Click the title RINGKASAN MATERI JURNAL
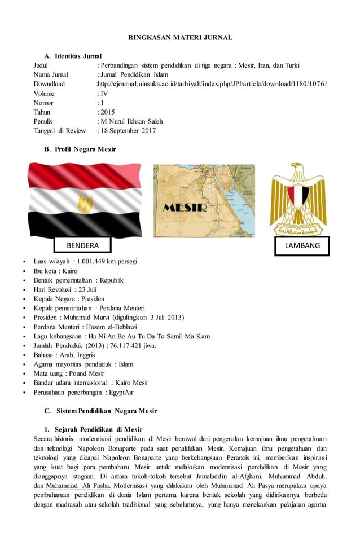pyautogui.click(x=180, y=37)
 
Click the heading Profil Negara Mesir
pyautogui.click(x=85, y=149)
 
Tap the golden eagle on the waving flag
pyautogui.click(x=85, y=201)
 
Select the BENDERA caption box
pyautogui.click(x=82, y=245)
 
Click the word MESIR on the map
pyautogui.click(x=185, y=208)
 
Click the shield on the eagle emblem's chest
pyautogui.click(x=298, y=196)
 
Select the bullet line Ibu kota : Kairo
pyautogui.click(x=55, y=271)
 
